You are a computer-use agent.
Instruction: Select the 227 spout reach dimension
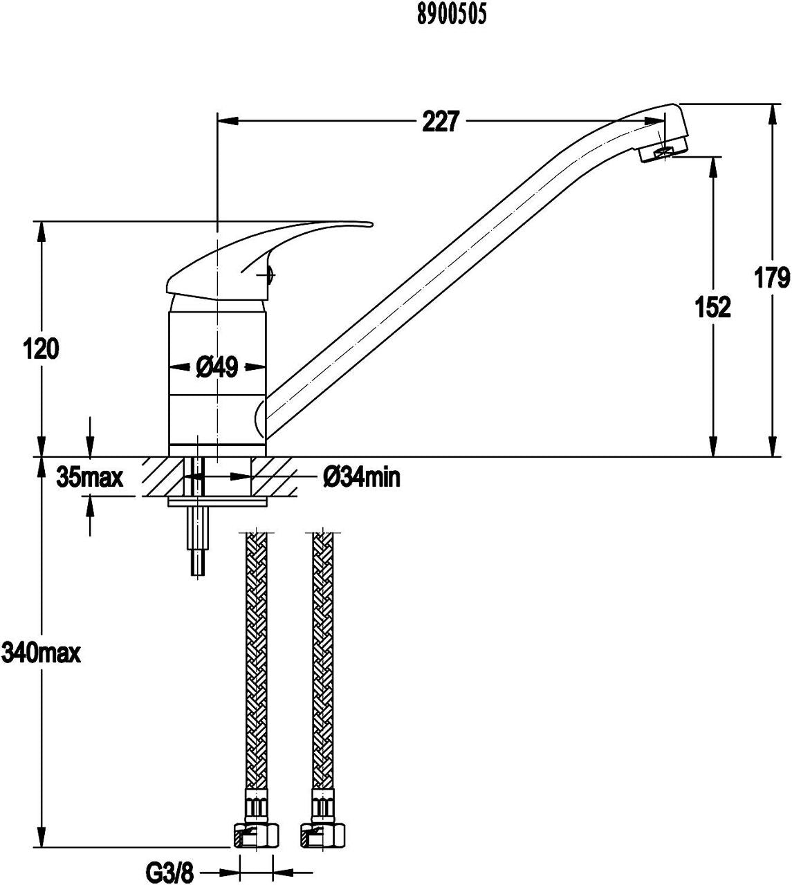point(441,121)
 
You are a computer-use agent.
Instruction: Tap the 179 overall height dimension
point(772,278)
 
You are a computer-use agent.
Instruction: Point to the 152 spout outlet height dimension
point(713,307)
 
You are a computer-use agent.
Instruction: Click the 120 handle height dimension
point(41,349)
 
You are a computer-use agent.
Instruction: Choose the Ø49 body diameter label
point(217,367)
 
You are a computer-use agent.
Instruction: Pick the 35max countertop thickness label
point(90,478)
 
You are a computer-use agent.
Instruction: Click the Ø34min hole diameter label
point(362,478)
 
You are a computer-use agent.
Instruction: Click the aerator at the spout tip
point(663,152)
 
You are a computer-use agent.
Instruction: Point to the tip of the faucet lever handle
point(371,225)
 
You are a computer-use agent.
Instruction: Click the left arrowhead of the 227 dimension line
point(228,121)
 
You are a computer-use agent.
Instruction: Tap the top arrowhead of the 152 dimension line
point(713,167)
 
